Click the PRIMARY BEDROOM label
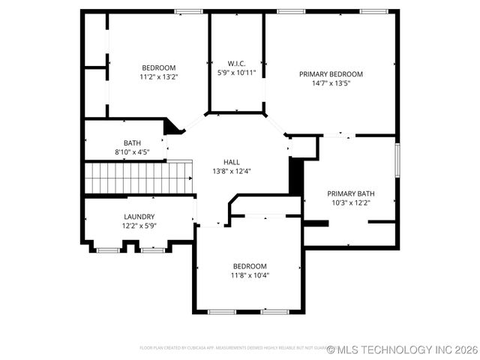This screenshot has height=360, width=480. click(x=331, y=74)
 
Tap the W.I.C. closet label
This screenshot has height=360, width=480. click(x=236, y=63)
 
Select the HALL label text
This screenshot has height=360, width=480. click(x=232, y=161)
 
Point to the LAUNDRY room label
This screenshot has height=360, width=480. click(x=139, y=217)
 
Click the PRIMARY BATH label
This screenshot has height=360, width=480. click(x=350, y=193)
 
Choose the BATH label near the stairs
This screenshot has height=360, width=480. click(x=132, y=142)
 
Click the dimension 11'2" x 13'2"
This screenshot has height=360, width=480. click(x=158, y=76)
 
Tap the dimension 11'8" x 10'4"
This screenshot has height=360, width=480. click(x=250, y=275)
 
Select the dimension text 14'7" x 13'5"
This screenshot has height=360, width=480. click(x=331, y=83)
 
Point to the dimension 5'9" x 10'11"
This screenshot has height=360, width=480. click(x=236, y=73)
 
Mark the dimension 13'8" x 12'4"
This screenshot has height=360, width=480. click(x=232, y=171)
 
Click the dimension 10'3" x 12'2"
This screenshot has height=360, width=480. click(x=350, y=202)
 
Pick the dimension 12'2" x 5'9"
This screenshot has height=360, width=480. click(x=139, y=226)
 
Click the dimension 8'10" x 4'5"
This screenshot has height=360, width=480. click(x=132, y=152)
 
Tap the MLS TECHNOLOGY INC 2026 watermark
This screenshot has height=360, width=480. click(x=402, y=349)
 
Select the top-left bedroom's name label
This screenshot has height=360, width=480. click(x=158, y=67)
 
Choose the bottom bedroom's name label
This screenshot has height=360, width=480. click(x=250, y=266)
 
